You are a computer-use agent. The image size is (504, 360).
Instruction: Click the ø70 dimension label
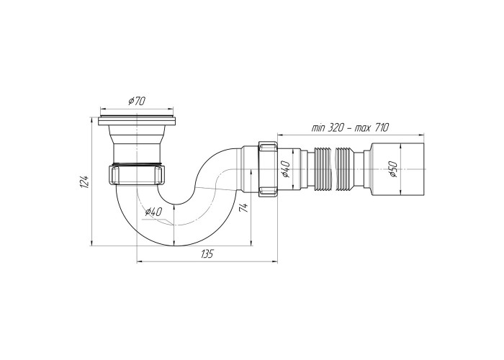point(137,102)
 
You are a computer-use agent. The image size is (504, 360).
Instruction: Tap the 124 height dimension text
point(84,182)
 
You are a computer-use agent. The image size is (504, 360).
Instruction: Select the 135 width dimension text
point(207,254)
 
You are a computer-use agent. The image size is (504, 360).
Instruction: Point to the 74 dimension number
point(244,207)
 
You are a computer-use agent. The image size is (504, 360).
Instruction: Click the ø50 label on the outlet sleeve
point(393,169)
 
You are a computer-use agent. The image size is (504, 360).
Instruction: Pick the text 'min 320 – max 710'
point(350,127)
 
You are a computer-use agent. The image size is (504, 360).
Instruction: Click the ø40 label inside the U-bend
point(153,212)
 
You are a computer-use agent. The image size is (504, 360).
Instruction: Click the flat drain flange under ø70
point(137,120)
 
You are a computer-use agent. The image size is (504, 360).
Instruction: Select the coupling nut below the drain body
point(137,174)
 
